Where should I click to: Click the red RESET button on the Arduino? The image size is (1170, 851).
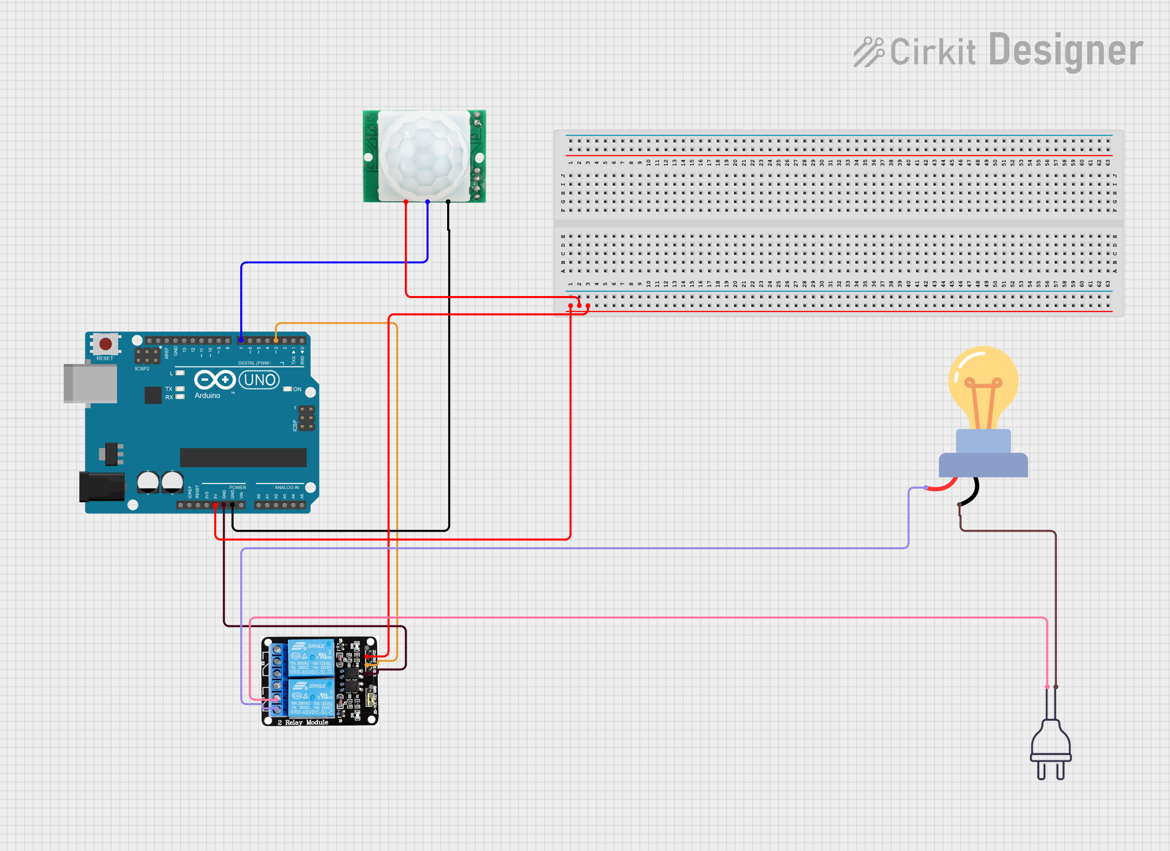(x=105, y=344)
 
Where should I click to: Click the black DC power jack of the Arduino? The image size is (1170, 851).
(x=102, y=486)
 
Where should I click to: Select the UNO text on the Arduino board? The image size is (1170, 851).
(x=259, y=380)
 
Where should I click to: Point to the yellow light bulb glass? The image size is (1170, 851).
(x=983, y=383)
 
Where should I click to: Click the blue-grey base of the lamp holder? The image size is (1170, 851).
(x=983, y=465)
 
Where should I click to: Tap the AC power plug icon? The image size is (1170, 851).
(x=1051, y=748)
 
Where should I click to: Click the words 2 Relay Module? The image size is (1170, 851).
(x=303, y=722)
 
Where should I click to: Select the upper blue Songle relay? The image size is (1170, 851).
(x=311, y=658)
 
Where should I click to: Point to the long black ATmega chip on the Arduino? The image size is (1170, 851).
(x=243, y=457)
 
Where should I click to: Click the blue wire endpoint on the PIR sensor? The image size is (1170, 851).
(x=428, y=202)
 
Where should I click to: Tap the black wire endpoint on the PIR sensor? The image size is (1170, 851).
(x=448, y=202)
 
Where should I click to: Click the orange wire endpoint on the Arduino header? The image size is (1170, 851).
(x=276, y=340)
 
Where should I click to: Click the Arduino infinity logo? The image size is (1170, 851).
(x=215, y=380)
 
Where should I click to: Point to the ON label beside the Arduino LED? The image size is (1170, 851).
(x=297, y=389)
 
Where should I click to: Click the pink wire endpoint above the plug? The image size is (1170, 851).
(x=1047, y=687)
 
